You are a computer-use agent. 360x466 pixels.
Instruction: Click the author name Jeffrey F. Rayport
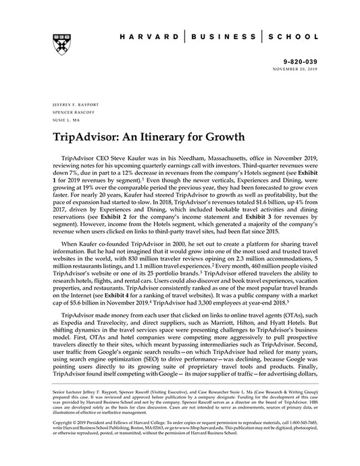pos(70,106)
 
